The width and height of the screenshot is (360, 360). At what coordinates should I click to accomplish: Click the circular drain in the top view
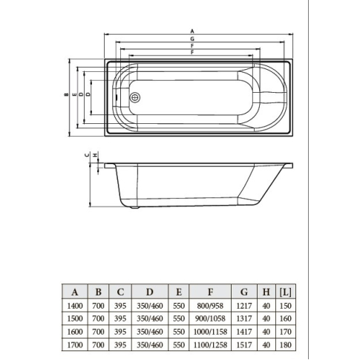135,97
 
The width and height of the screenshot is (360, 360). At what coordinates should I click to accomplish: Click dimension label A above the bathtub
192,31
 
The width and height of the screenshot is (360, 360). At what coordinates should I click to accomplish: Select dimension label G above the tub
192,39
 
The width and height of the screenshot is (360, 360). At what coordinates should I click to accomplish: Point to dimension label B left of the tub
66,94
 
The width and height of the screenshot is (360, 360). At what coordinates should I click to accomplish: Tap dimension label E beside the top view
74,94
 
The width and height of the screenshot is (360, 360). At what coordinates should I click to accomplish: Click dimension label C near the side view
87,155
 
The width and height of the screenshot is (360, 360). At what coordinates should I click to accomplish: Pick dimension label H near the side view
95,155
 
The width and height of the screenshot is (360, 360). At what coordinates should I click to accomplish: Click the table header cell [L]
285,292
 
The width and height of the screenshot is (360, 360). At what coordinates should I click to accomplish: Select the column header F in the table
210,292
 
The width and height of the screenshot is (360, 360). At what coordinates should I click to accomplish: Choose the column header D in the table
150,292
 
